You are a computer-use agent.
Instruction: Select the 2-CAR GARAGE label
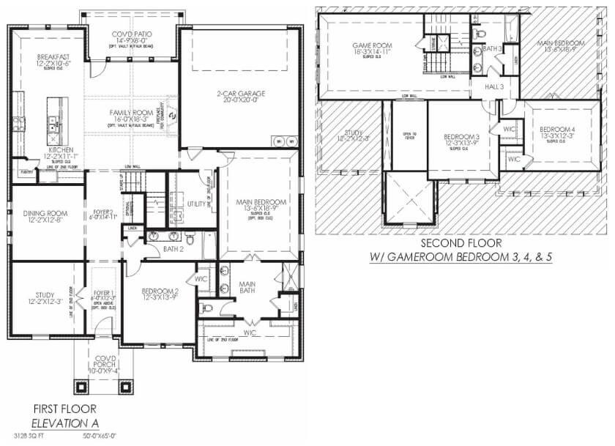[240, 93]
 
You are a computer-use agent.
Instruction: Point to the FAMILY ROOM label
[132, 112]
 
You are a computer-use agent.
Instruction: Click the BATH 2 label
[174, 250]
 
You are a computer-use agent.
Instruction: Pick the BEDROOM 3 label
[461, 137]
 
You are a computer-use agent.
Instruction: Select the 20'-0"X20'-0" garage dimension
[240, 101]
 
